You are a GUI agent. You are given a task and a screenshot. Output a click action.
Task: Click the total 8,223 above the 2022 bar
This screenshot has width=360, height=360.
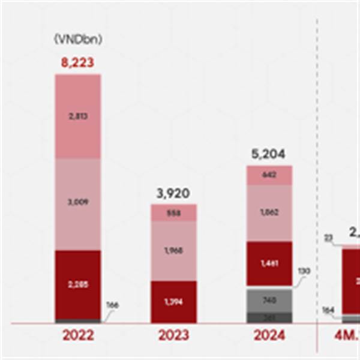tap(78, 62)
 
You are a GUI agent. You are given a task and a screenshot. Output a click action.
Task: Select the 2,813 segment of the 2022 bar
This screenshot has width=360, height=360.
tap(78, 117)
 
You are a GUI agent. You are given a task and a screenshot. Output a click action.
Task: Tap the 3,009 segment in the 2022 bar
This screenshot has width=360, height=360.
tap(78, 202)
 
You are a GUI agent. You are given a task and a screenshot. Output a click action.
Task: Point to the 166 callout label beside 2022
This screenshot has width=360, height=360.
tap(112, 305)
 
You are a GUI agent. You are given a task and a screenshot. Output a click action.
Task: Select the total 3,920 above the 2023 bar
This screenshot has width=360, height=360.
tap(173, 193)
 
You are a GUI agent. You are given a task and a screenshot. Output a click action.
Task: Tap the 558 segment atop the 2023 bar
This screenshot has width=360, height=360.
tap(173, 213)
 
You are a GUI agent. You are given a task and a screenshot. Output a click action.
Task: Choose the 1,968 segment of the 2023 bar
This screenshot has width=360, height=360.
tap(173, 251)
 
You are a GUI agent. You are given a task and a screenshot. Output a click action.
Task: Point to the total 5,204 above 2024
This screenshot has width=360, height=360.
tap(269, 155)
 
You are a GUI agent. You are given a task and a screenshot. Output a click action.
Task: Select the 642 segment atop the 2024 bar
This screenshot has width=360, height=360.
tap(269, 175)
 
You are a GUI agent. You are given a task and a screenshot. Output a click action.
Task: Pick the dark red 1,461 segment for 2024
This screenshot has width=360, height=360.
tap(269, 263)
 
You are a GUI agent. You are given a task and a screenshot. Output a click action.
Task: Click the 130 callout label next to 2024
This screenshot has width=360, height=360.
tap(304, 271)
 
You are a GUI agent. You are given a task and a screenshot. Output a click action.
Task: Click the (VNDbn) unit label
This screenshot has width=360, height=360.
tap(78, 40)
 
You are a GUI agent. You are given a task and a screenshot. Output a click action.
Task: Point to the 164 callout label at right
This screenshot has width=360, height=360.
tap(328, 310)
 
